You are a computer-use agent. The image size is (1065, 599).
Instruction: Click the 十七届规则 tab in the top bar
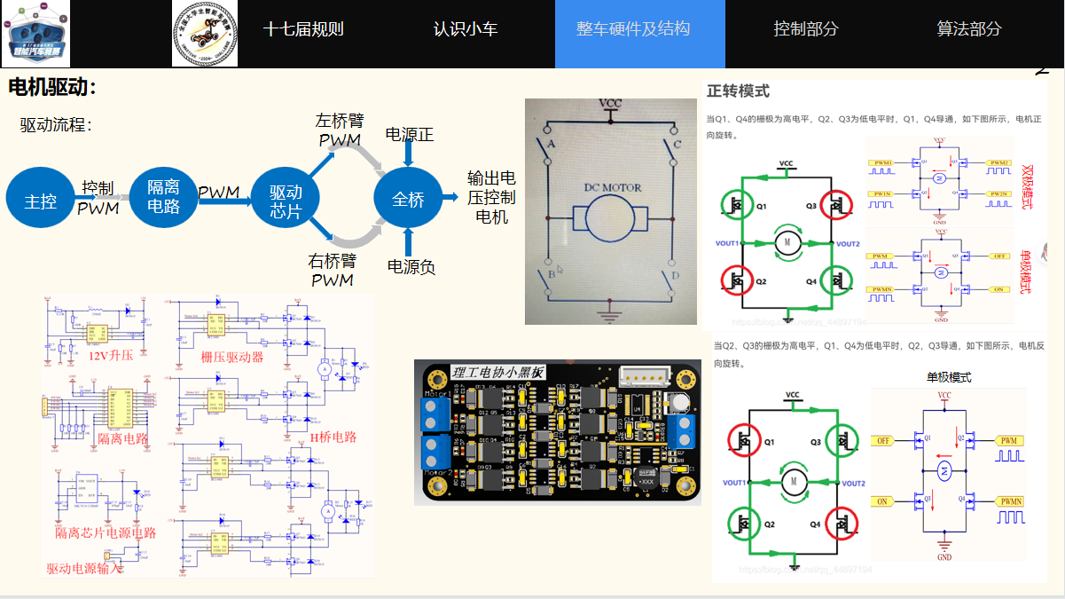303,29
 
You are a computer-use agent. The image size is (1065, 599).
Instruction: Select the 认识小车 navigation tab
466,29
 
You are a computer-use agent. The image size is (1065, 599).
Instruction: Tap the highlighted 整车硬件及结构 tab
633,29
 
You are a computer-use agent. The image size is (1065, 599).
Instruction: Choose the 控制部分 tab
805,29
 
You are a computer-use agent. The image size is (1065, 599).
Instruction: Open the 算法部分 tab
969,29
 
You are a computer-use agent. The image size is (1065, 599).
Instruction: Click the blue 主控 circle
40,201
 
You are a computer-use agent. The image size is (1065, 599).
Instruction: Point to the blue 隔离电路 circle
163,197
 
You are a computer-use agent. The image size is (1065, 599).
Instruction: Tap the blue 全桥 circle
408,200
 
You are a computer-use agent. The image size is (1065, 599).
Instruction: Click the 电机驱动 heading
51,88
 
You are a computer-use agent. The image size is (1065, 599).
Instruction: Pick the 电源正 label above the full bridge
410,134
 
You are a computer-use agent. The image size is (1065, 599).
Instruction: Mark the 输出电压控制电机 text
491,197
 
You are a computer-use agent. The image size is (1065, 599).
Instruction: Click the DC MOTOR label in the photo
612,187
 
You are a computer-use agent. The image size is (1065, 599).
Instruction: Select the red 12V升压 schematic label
111,356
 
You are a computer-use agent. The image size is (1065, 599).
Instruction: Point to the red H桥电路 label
333,437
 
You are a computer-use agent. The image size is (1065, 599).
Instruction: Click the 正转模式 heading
738,91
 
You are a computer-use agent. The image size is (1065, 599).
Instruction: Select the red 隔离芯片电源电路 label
106,532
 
